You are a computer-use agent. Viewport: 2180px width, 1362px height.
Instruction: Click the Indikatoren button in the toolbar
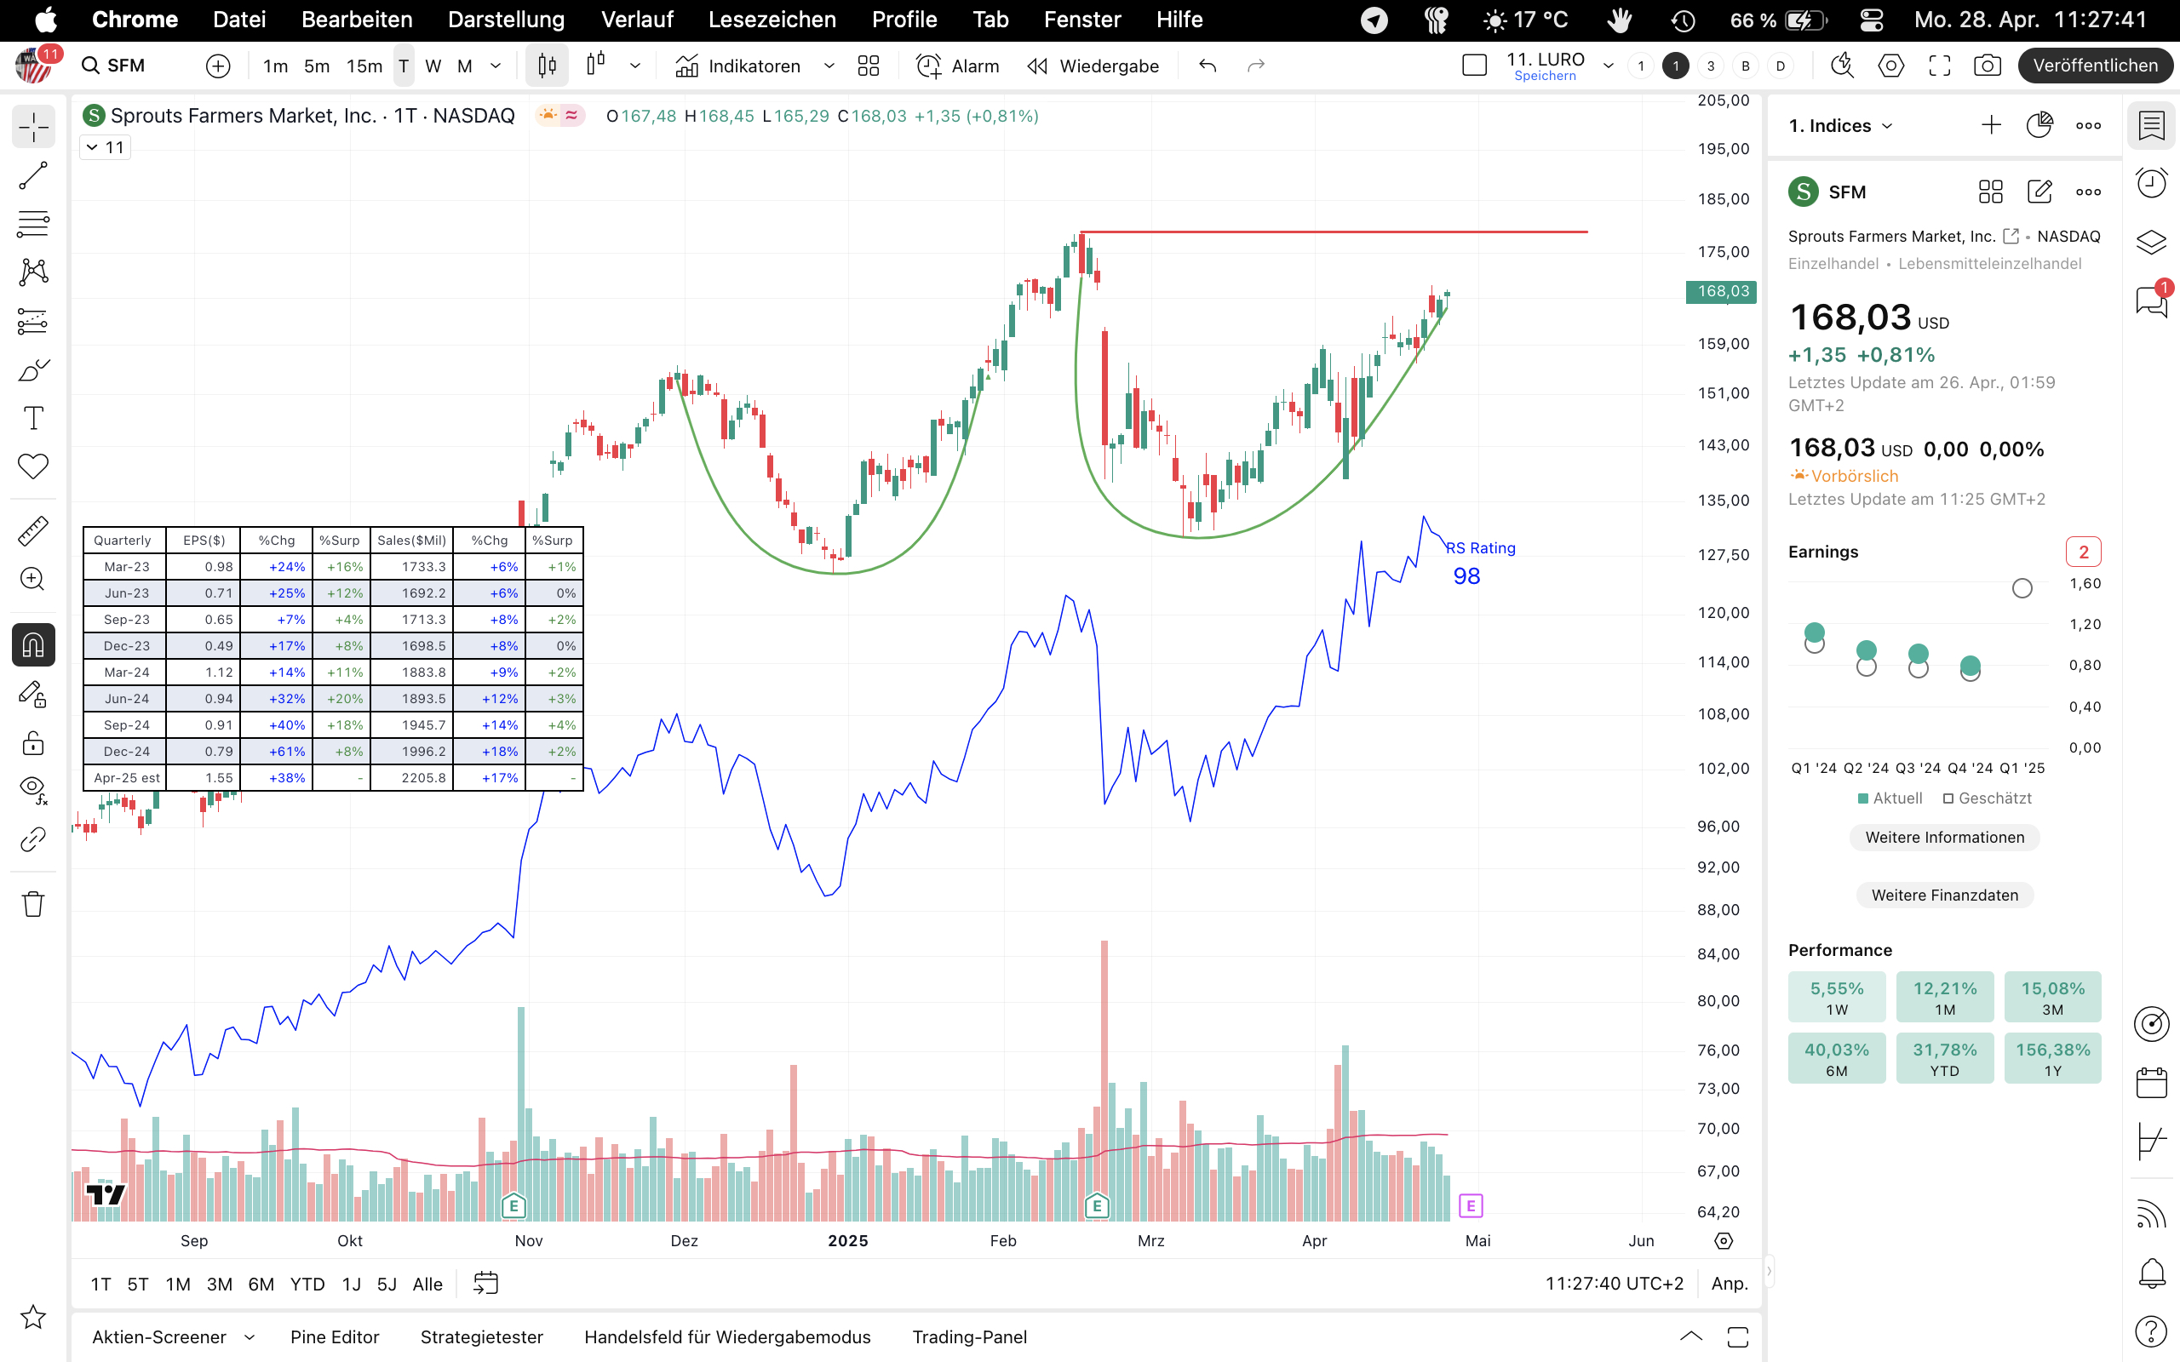(737, 66)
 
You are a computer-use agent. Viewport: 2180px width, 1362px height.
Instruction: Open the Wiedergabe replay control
(1093, 66)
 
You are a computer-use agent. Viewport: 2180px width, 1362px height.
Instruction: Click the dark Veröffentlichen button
(2095, 66)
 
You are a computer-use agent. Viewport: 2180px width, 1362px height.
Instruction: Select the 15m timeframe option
(364, 66)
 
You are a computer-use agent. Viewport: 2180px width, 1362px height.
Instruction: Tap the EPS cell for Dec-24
(204, 752)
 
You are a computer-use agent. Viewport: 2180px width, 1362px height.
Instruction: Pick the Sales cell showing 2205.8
(412, 777)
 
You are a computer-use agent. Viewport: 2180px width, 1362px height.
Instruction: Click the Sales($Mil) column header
(411, 541)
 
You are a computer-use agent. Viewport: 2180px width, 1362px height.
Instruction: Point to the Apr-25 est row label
(125, 777)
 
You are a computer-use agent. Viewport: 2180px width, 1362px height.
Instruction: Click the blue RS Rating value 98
(1466, 576)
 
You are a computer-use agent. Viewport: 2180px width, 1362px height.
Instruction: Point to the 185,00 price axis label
(1723, 199)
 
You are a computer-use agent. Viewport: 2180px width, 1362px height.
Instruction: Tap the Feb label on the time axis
(1002, 1240)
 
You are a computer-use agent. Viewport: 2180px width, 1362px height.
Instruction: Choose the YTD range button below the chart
(307, 1284)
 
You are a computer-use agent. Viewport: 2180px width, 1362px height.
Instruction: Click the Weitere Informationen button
(1944, 838)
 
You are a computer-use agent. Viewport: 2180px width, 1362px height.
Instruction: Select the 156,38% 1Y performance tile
(2052, 1057)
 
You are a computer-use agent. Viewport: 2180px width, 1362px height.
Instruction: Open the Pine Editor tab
(334, 1336)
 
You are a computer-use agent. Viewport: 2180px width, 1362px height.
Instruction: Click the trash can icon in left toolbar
(33, 903)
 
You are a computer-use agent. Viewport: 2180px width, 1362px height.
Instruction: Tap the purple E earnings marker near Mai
(1470, 1205)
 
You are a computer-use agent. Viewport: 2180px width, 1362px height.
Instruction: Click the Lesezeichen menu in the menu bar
(772, 20)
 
